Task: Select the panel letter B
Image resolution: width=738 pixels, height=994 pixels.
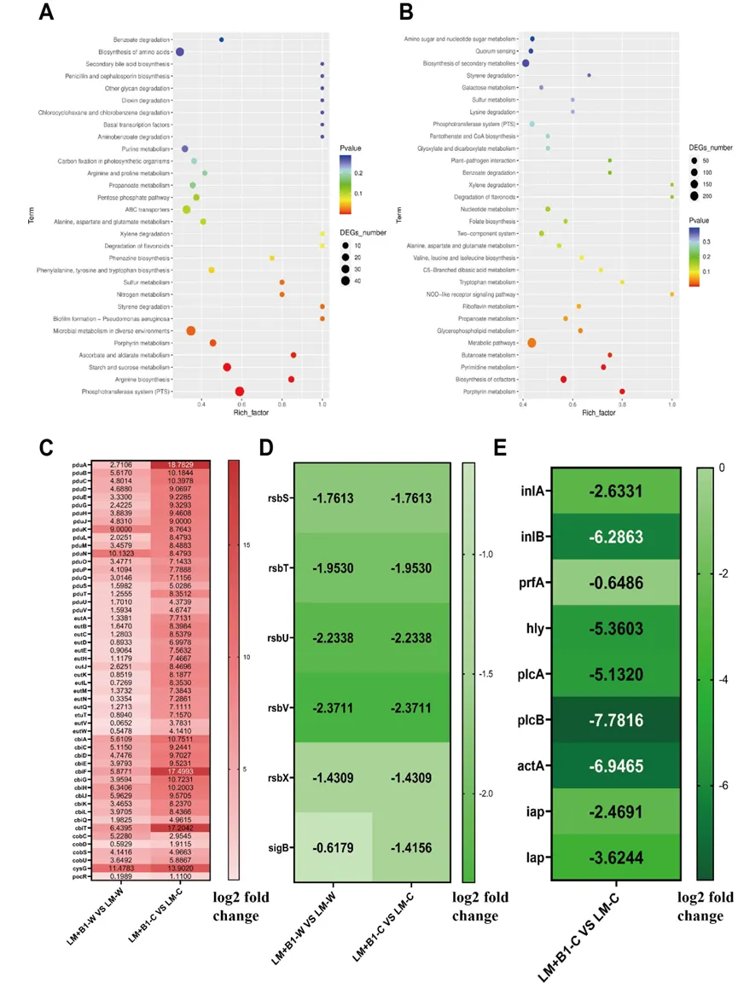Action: [406, 14]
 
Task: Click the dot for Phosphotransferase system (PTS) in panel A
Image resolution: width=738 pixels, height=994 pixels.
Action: [241, 392]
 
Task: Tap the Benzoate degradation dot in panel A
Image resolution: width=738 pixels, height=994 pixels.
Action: [222, 39]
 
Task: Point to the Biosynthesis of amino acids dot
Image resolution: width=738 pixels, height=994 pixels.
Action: [180, 52]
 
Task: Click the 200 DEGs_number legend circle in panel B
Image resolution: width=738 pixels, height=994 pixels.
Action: [694, 195]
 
